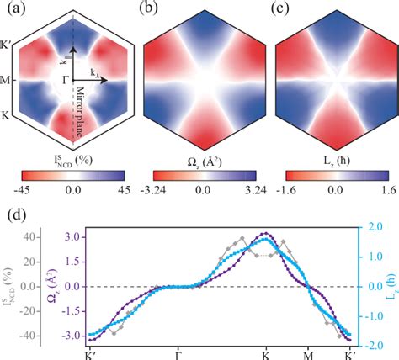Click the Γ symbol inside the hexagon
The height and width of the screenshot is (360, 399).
(61, 82)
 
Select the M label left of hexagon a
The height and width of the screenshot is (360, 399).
(7, 82)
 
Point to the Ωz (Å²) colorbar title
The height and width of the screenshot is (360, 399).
(200, 159)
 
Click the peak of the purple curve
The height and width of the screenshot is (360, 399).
(267, 233)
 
